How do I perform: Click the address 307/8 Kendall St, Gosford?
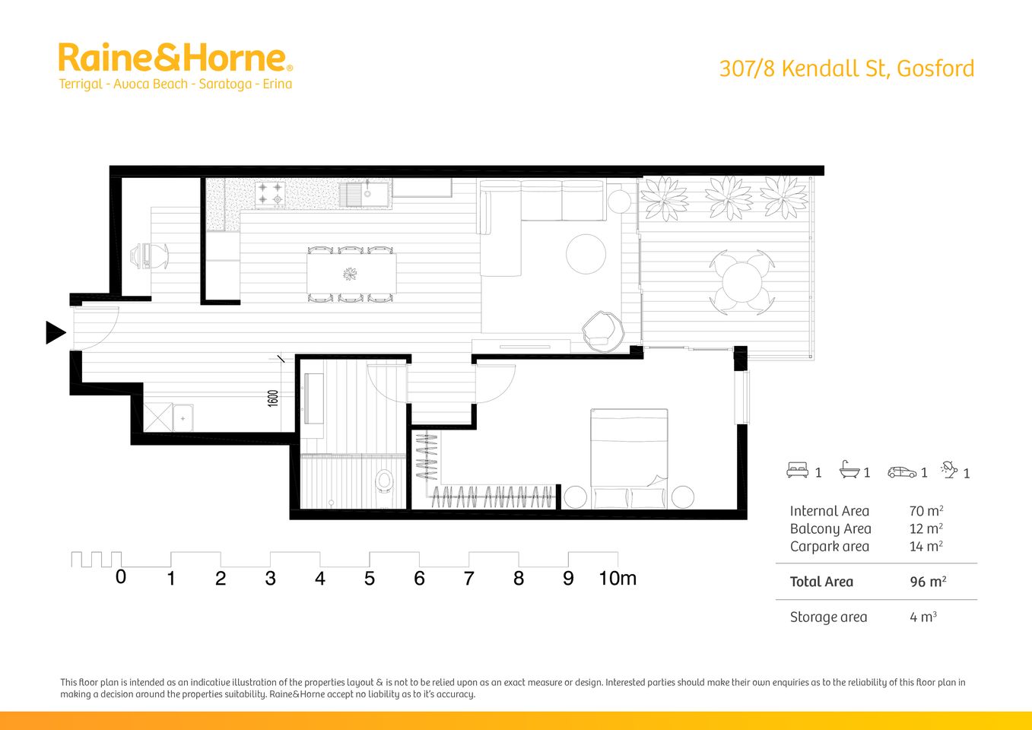(846, 68)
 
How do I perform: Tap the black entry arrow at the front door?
(55, 332)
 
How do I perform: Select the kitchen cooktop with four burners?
(269, 194)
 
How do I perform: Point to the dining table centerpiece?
(351, 273)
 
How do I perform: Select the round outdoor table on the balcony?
(742, 282)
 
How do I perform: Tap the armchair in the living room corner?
(602, 332)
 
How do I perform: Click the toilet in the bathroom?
(384, 481)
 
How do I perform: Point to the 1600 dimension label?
(273, 398)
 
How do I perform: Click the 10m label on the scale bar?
(617, 579)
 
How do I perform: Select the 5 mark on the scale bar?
(370, 579)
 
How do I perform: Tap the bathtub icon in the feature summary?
(849, 471)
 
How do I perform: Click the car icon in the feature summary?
(902, 472)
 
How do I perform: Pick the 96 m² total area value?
(927, 582)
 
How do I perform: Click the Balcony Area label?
(830, 529)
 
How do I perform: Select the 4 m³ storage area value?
(922, 617)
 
